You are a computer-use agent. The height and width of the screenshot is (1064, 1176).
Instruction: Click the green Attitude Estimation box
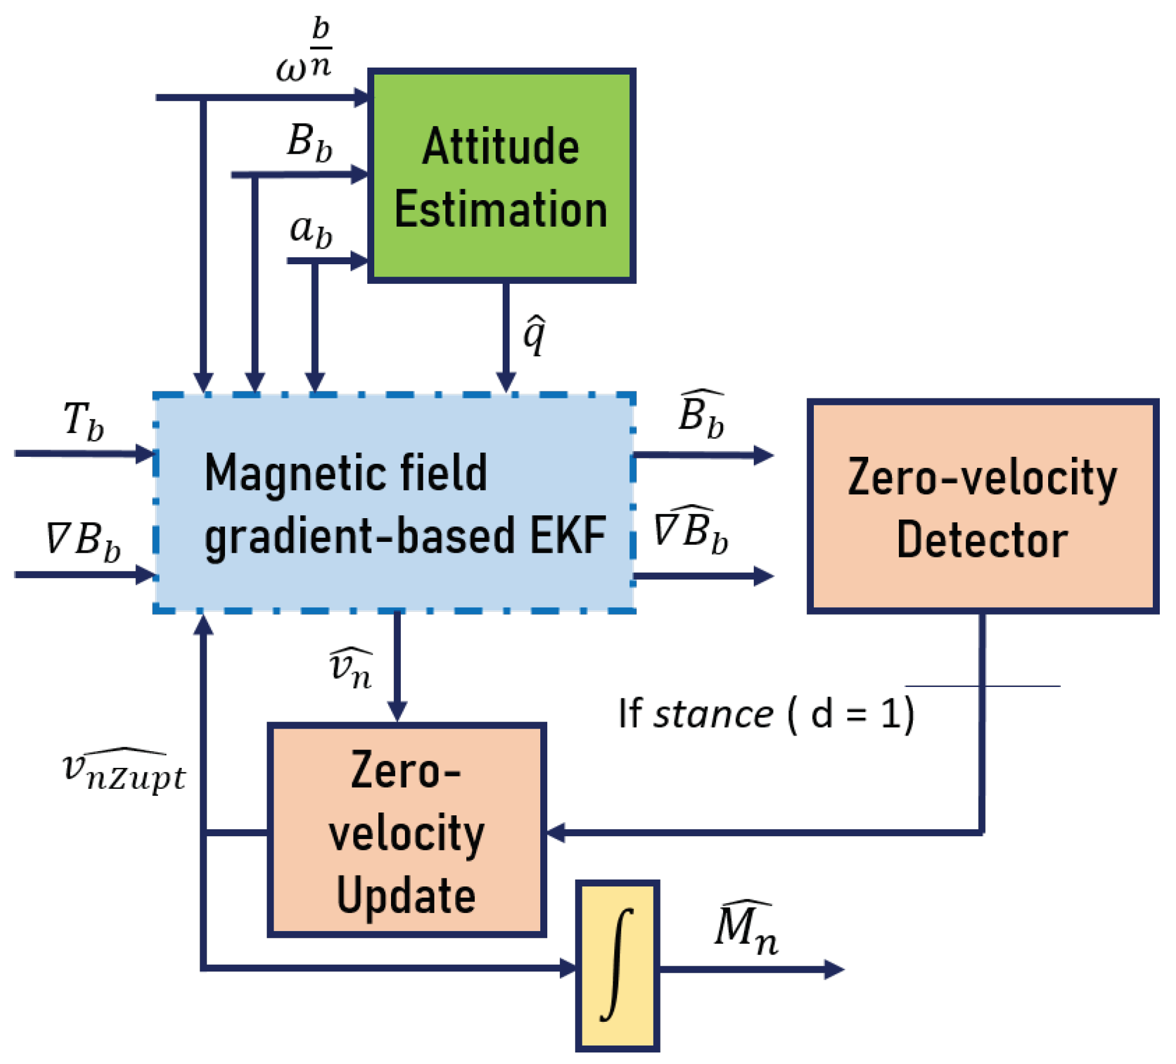(x=501, y=175)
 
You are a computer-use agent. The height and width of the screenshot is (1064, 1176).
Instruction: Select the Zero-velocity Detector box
(x=982, y=507)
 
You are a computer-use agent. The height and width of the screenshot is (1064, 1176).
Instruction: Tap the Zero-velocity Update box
(x=407, y=831)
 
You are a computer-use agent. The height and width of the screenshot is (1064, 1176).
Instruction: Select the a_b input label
(x=311, y=230)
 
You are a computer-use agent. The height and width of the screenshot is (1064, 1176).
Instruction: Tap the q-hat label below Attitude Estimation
(x=534, y=335)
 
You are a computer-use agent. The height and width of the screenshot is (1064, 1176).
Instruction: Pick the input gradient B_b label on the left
(x=83, y=540)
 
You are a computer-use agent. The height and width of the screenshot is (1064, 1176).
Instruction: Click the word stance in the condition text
(x=713, y=714)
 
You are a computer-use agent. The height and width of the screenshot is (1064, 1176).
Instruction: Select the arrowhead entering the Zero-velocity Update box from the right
(x=555, y=833)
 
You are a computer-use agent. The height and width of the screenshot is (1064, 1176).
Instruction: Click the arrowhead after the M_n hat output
(x=834, y=970)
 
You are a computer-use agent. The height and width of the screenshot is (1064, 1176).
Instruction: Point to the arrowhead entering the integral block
(x=567, y=969)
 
